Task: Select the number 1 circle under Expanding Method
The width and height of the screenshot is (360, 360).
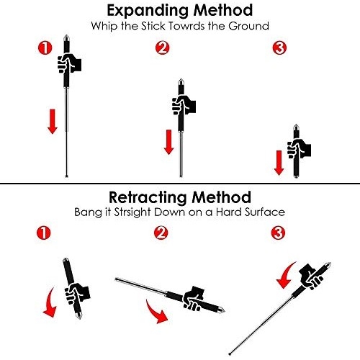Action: [44, 50]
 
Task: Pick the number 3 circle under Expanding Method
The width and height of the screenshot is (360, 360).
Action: [279, 50]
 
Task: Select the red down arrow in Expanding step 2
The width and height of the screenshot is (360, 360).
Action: [168, 140]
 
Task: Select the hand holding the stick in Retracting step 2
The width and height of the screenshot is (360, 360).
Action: [194, 295]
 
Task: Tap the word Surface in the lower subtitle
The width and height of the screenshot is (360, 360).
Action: [262, 213]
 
